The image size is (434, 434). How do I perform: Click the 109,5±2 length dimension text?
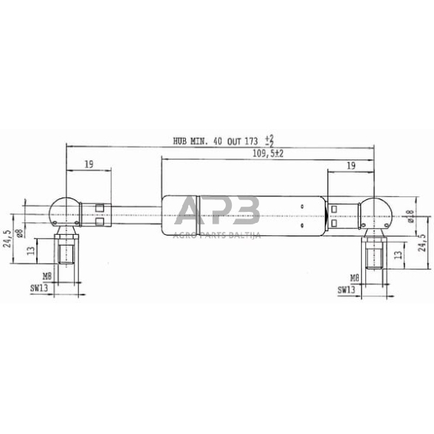click(268, 154)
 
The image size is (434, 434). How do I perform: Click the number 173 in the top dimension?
click(251, 142)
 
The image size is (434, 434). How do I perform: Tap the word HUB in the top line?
click(180, 142)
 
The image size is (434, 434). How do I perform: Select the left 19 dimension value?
click(89, 165)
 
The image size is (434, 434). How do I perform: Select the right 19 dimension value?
click(351, 166)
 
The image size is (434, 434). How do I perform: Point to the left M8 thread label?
click(47, 276)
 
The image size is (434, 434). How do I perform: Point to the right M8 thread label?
click(354, 278)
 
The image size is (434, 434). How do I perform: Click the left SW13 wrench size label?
click(39, 288)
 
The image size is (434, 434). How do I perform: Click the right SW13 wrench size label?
click(346, 290)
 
